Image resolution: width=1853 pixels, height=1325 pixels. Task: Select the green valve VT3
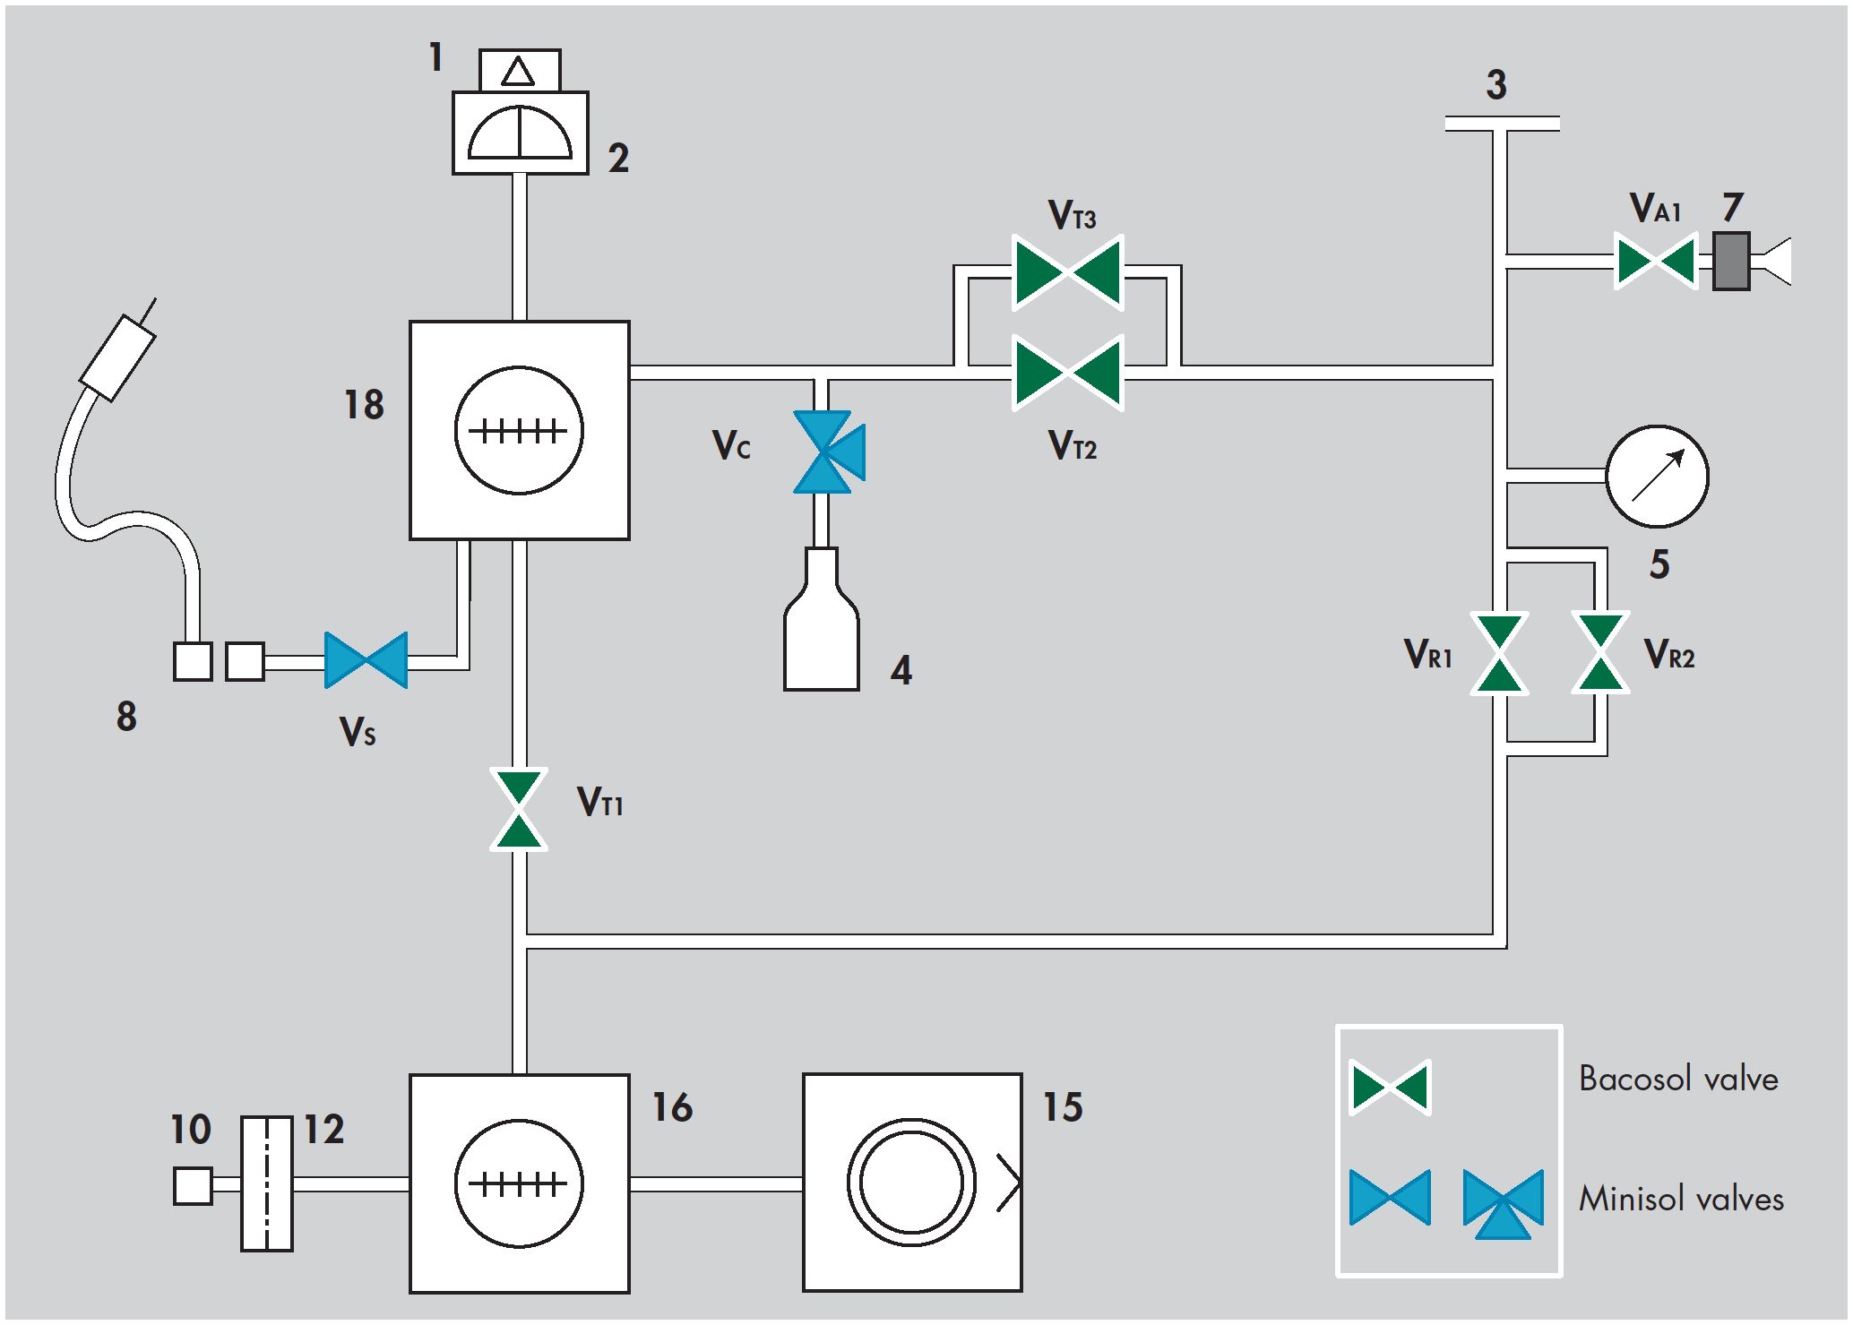(1067, 272)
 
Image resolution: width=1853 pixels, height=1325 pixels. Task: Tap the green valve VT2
(1067, 373)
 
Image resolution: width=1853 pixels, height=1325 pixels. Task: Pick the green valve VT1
(520, 808)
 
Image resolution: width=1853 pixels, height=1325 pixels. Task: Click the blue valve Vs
(366, 660)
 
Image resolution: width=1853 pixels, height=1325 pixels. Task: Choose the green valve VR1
(1500, 654)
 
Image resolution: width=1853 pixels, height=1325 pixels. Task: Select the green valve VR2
(1600, 654)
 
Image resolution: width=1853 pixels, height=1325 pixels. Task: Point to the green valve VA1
(1656, 261)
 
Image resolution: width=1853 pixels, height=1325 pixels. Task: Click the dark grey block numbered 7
(1731, 261)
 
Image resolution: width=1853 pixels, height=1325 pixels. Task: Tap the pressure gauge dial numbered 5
(1658, 476)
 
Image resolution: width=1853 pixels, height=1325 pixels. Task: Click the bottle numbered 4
(822, 620)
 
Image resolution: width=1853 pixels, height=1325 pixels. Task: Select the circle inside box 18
(520, 430)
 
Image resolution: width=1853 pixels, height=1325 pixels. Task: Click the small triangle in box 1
(518, 71)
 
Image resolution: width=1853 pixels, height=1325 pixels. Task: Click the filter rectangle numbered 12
(267, 1183)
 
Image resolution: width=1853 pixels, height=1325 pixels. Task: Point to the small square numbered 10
(193, 1185)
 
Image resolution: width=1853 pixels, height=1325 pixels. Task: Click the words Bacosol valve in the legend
(1678, 1079)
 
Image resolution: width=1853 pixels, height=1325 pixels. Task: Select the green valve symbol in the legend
(1391, 1088)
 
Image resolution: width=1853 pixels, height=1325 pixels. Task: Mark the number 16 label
(672, 1107)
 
